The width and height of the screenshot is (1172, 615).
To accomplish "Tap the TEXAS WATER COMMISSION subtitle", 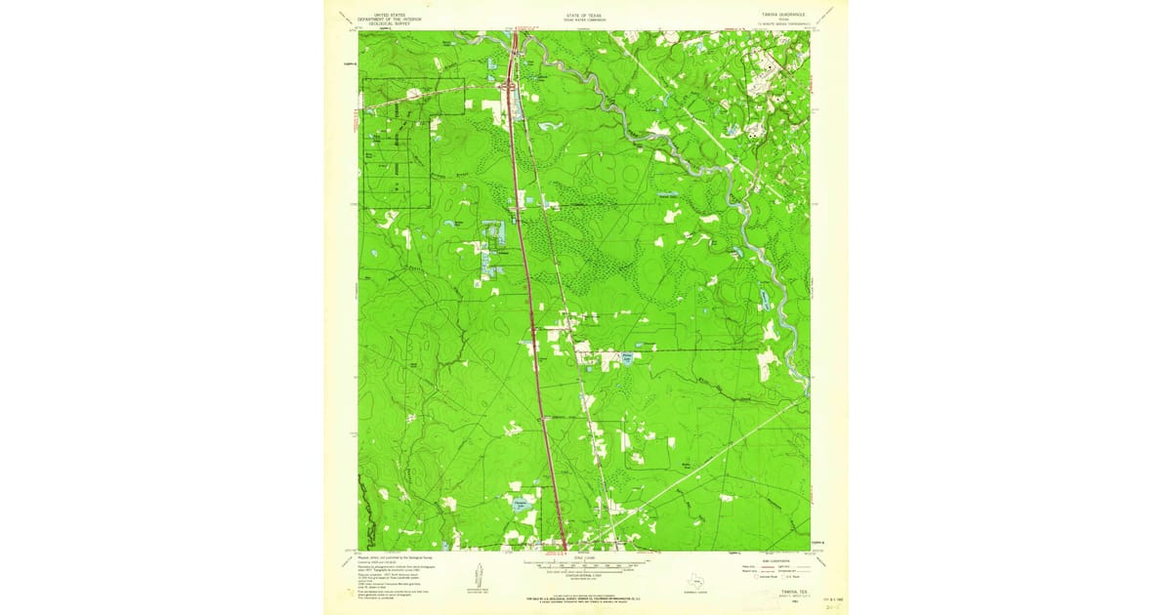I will [x=585, y=20].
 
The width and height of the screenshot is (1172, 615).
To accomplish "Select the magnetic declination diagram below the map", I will [x=478, y=576].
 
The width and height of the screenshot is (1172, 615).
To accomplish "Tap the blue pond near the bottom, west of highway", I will [x=517, y=504].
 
